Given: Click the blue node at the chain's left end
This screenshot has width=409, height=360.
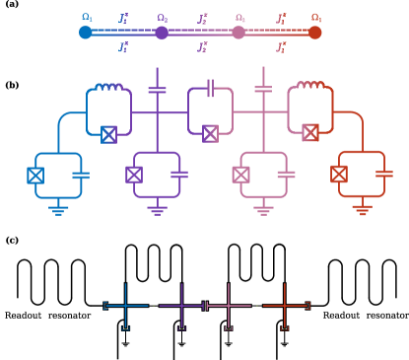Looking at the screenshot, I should tap(86, 33).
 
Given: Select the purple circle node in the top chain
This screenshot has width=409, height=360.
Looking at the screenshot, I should tap(162, 33).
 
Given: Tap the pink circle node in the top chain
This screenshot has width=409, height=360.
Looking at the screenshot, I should tap(239, 33).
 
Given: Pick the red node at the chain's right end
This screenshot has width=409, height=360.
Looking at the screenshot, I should tap(314, 33).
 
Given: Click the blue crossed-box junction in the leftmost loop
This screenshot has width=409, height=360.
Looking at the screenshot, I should tap(35, 176).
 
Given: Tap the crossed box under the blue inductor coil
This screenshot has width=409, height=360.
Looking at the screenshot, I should tap(108, 134).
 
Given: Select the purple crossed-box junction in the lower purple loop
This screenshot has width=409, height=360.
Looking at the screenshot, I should tap(134, 175).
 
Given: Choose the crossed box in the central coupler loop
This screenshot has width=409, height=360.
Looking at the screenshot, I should tap(210, 133).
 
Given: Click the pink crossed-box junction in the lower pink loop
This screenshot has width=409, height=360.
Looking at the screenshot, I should tap(240, 175).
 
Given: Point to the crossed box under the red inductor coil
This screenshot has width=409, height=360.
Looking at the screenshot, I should tap(310, 132).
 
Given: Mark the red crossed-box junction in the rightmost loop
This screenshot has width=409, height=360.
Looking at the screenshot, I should tap(339, 175).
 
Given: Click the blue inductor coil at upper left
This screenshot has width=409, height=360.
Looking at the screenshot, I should tap(108, 88).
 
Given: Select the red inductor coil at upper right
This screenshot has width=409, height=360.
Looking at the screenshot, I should tap(310, 86).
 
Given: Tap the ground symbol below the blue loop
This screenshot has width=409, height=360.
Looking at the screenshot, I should tap(58, 210).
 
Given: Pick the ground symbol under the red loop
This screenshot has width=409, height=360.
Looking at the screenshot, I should tap(362, 210).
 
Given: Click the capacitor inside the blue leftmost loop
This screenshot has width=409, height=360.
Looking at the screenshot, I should tap(81, 175).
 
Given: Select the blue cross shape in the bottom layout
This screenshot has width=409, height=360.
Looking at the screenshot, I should tap(126, 306).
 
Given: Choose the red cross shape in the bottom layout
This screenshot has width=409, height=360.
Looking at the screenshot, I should tap(284, 306).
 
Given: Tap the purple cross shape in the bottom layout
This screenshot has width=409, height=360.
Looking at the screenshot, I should tap(181, 306).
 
